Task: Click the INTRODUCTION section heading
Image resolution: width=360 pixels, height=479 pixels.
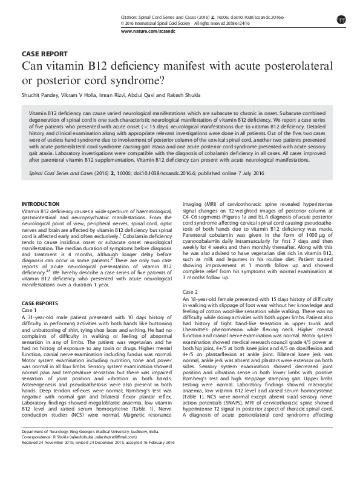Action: click(x=41, y=203)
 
